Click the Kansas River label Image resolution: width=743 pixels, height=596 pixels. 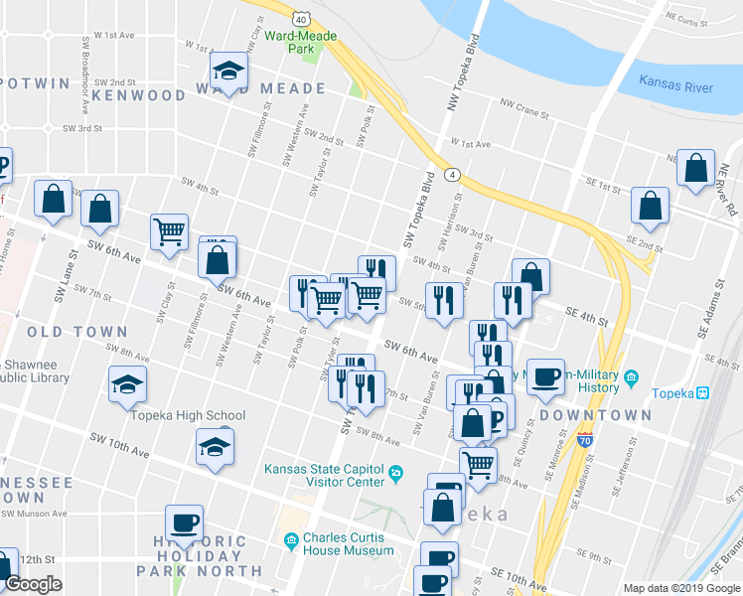pos(675,86)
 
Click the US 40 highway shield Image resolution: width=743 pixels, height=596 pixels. pos(301,18)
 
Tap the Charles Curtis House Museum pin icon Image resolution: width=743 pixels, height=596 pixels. pos(291,541)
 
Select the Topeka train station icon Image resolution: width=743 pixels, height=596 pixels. pos(702,392)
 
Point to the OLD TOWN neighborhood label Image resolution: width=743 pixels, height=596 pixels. pos(77,332)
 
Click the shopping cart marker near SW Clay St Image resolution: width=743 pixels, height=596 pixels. pos(169,232)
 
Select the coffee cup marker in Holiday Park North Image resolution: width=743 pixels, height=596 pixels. pos(184,522)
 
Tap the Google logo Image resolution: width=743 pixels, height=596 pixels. pos(33,584)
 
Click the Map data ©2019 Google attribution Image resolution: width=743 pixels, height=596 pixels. pos(680,588)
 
